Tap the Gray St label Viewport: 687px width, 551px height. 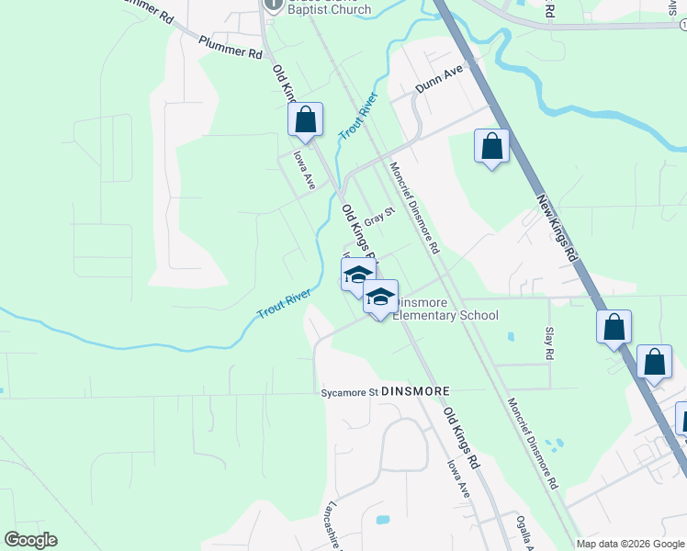[378, 218]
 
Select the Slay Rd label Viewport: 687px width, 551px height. [549, 343]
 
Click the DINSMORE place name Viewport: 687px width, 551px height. [416, 391]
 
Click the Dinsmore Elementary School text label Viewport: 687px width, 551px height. [446, 309]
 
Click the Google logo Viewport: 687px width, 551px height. [30, 540]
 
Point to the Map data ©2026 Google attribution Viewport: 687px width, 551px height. [630, 544]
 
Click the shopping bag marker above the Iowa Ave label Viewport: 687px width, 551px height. [306, 120]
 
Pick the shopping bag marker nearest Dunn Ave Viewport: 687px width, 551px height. [492, 146]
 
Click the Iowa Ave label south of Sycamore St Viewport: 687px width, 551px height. [457, 478]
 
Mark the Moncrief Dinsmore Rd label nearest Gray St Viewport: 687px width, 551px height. [414, 208]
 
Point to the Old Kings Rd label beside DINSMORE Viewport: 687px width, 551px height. [462, 431]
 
